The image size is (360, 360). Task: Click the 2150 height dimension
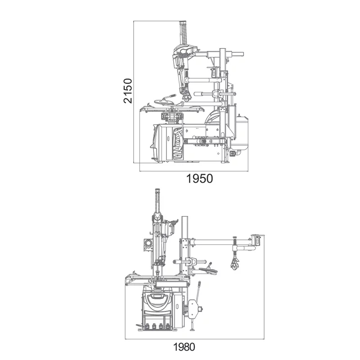pyautogui.click(x=128, y=91)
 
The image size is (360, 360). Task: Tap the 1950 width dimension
pyautogui.click(x=199, y=179)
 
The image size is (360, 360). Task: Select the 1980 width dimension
pyautogui.click(x=184, y=347)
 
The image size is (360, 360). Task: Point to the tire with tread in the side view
pyautogui.click(x=177, y=143)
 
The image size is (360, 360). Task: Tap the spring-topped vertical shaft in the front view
pyautogui.click(x=157, y=202)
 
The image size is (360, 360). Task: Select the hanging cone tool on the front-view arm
pyautogui.click(x=234, y=264)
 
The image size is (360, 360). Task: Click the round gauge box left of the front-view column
pyautogui.click(x=148, y=244)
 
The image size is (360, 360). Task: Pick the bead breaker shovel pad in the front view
pyautogui.click(x=193, y=309)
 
